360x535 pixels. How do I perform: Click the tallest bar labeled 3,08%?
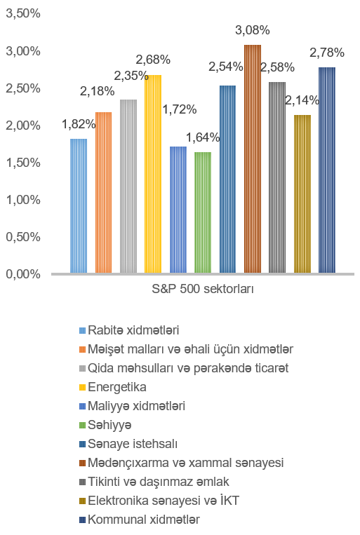tap(253, 158)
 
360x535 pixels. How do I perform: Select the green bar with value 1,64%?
tap(203, 212)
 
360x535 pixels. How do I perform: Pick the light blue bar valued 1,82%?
tap(79, 205)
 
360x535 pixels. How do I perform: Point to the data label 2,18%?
tap(97, 91)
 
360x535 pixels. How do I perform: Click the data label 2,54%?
tap(226, 67)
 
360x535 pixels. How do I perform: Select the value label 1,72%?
tap(180, 109)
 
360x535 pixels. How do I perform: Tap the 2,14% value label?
tap(302, 100)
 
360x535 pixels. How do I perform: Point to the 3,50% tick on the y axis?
tap(23, 13)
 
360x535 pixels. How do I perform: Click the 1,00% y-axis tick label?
tap(23, 200)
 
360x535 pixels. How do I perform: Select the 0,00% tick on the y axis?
tap(23, 274)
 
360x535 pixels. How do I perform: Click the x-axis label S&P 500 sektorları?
tap(203, 289)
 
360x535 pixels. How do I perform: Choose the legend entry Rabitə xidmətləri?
tap(129, 330)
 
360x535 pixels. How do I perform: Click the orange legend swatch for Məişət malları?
tap(82, 350)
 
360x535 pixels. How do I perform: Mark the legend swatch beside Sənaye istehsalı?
tap(82, 445)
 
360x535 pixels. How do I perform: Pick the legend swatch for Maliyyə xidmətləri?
tap(82, 407)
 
